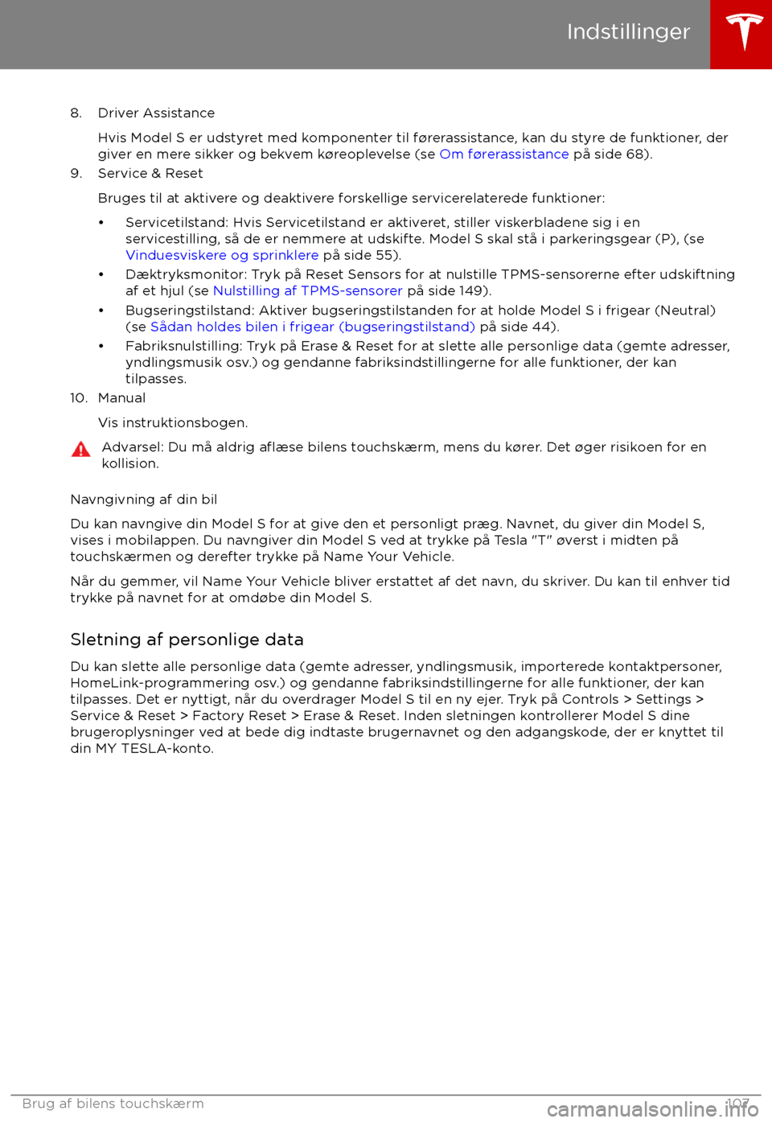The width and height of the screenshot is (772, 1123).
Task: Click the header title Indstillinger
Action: [628, 31]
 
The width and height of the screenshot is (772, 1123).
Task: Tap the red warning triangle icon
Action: [81, 450]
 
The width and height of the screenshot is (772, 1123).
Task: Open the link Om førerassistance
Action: [504, 154]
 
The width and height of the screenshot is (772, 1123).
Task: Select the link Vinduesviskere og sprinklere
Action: [222, 255]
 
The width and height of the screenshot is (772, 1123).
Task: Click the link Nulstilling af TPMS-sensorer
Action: [307, 290]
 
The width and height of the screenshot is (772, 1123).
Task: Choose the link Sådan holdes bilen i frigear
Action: [313, 327]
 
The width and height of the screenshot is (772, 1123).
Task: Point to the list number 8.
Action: [76, 113]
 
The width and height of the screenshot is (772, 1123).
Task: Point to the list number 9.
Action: [76, 174]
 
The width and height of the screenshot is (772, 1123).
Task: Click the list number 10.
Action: [78, 398]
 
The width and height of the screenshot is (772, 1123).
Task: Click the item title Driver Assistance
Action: [156, 113]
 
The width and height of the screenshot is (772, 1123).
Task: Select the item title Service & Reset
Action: [150, 174]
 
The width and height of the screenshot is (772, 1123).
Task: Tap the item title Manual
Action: [122, 398]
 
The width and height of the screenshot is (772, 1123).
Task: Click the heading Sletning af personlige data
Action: [187, 640]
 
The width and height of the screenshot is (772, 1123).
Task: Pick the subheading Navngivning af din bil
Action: [144, 500]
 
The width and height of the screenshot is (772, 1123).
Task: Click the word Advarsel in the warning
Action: [132, 447]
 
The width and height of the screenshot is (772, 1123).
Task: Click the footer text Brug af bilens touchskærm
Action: [113, 1104]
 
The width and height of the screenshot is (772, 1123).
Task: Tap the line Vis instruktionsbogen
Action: [173, 423]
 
